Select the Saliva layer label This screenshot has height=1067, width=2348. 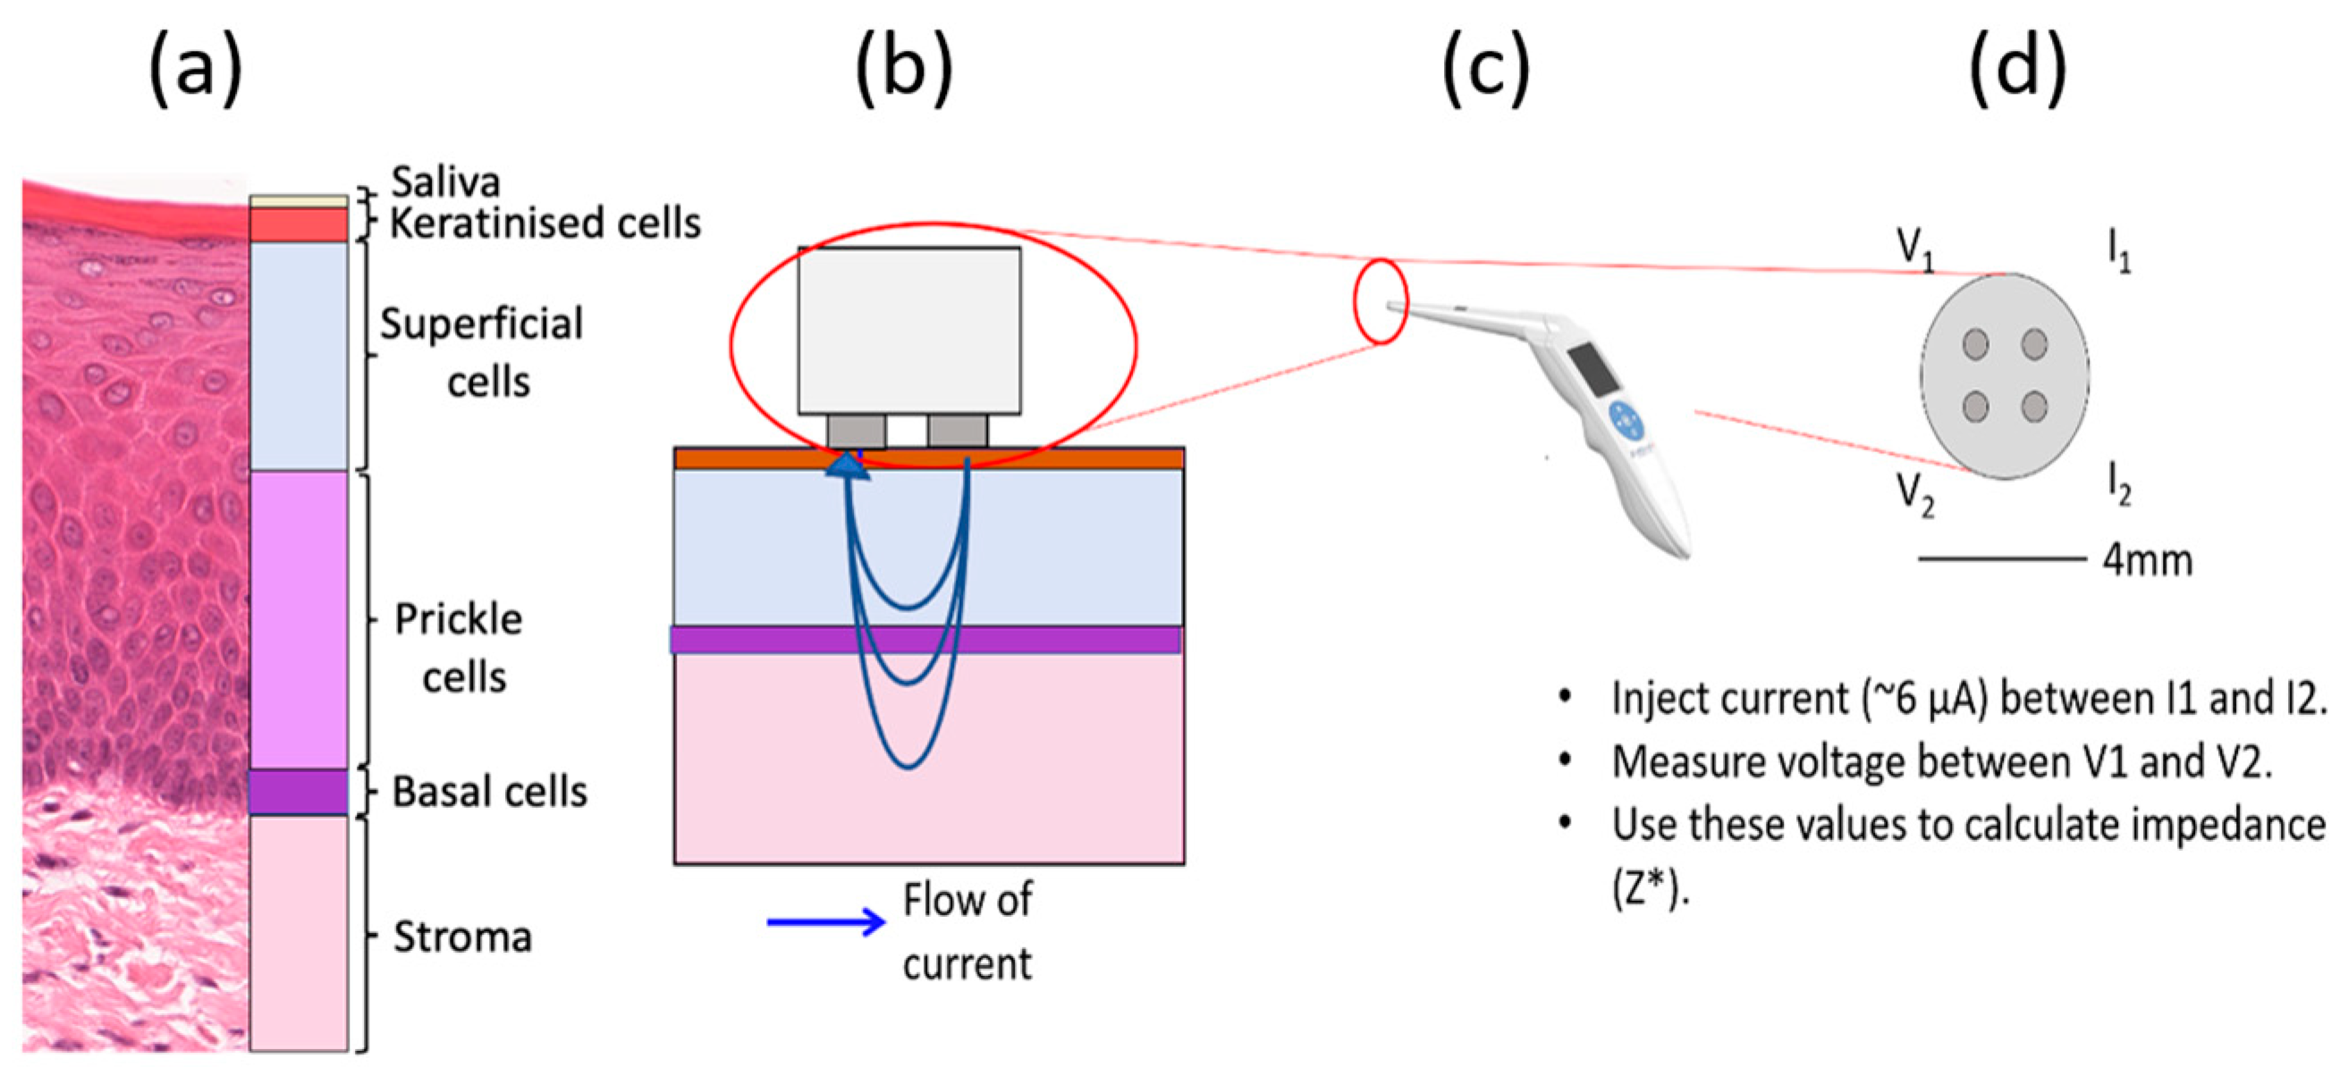click(444, 182)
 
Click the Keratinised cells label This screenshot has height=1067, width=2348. click(545, 223)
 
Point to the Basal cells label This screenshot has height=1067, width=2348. click(489, 792)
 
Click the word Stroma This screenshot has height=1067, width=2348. click(462, 937)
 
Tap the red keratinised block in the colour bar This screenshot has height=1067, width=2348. click(298, 225)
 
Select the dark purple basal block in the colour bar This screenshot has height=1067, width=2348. click(298, 792)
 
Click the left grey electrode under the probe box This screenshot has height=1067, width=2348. click(856, 430)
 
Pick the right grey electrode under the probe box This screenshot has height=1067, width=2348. click(957, 430)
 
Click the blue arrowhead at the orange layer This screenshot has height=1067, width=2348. click(847, 466)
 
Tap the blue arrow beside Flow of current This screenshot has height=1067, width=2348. click(825, 922)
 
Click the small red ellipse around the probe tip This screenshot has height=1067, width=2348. click(1381, 302)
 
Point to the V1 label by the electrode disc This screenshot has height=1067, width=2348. click(1915, 248)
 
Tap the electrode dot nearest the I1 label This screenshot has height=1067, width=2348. click(2034, 344)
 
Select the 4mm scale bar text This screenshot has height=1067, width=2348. click(2147, 559)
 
